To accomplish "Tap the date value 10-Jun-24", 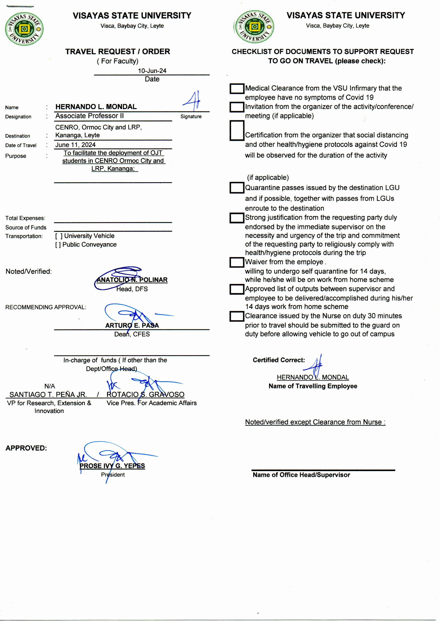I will click(152, 71).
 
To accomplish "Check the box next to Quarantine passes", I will click(237, 188).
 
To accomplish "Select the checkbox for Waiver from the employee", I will click(237, 262).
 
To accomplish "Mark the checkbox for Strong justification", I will click(237, 218).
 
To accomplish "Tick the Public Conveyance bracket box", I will click(58, 245).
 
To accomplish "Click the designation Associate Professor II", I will click(89, 116).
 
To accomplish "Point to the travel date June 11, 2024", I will click(75, 145).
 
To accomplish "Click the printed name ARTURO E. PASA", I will click(132, 325).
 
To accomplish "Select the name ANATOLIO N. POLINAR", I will click(132, 280).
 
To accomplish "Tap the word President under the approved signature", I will click(113, 475).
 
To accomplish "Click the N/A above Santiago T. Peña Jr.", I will click(50, 386).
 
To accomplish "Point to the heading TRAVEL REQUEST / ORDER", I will click(118, 51).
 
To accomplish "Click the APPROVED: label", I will click(26, 448).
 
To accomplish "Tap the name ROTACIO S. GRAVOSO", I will click(145, 394).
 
